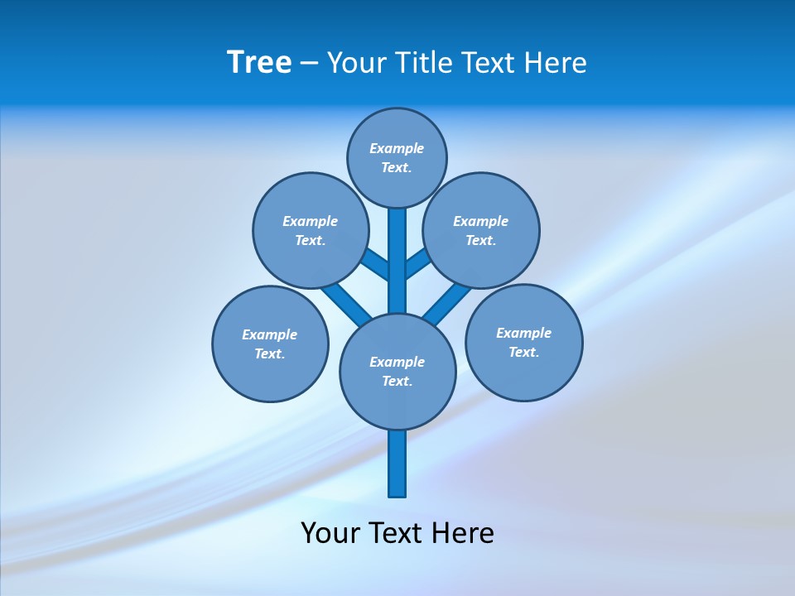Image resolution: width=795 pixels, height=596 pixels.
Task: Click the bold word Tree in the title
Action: click(259, 63)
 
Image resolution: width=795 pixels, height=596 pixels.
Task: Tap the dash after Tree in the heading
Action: click(309, 64)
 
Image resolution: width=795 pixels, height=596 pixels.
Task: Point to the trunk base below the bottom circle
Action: click(397, 464)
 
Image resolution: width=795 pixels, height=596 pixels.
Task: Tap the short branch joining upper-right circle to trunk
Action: click(417, 263)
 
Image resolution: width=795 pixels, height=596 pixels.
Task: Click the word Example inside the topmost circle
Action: click(397, 149)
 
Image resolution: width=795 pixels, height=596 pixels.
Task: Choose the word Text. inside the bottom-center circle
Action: click(397, 382)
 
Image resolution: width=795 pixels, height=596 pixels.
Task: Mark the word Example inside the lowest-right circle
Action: click(523, 334)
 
